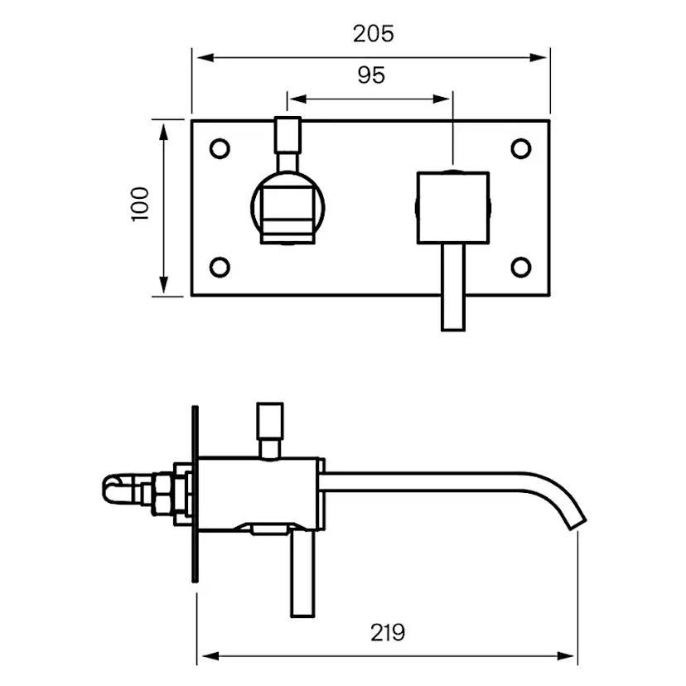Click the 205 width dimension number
(373, 34)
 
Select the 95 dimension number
(371, 75)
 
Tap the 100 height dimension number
(140, 204)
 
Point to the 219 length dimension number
(387, 632)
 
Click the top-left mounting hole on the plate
(220, 148)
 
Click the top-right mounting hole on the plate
(520, 148)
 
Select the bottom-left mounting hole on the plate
(220, 266)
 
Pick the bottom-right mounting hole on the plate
(520, 266)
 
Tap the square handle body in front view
(452, 208)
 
